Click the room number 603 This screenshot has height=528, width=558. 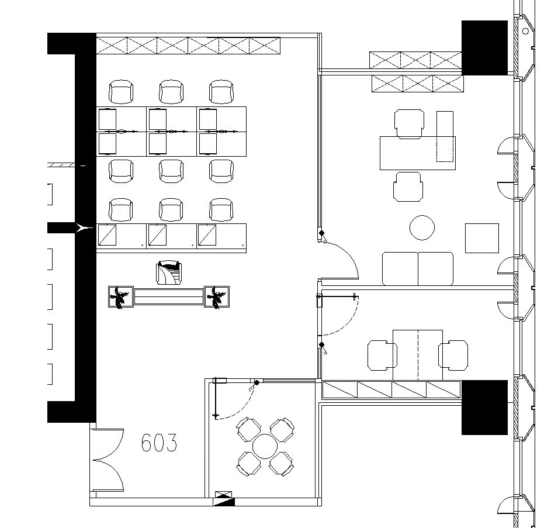click(x=159, y=443)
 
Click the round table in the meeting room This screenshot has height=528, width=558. click(x=265, y=447)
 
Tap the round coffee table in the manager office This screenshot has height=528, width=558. click(x=422, y=227)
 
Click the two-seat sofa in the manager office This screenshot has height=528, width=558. click(x=418, y=268)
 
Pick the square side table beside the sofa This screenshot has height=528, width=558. click(x=482, y=238)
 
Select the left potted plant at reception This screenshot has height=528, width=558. click(x=120, y=297)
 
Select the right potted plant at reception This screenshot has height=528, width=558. click(x=217, y=297)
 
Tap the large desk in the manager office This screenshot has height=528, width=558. click(x=417, y=153)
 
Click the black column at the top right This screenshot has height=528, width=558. click(x=484, y=48)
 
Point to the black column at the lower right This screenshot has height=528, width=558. click(x=484, y=408)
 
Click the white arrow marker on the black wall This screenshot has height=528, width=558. click(x=84, y=228)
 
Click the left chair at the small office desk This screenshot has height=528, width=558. click(x=382, y=355)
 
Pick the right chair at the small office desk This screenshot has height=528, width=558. click(x=453, y=355)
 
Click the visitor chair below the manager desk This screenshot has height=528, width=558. click(x=408, y=187)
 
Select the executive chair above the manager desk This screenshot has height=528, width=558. click(x=409, y=123)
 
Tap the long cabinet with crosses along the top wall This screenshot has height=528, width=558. click(x=188, y=46)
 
